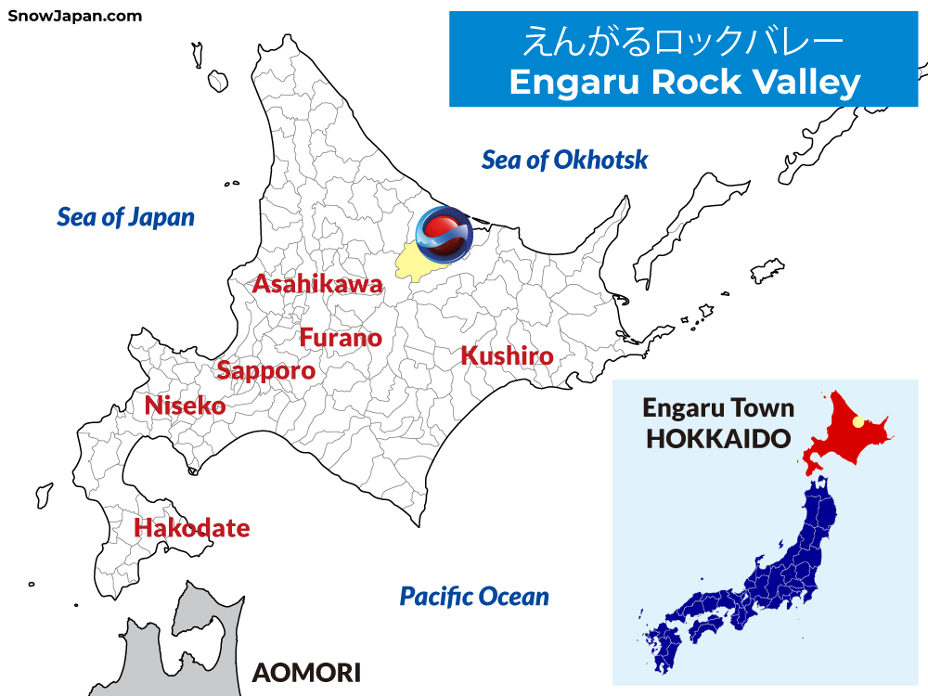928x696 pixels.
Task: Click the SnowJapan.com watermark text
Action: (75, 16)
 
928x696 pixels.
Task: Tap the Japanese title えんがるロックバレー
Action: (684, 41)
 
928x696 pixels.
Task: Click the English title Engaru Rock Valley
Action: (685, 83)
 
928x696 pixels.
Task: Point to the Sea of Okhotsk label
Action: (564, 160)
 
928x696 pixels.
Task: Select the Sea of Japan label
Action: (125, 217)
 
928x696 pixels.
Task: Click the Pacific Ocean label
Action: (474, 597)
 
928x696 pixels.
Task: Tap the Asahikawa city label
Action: (317, 284)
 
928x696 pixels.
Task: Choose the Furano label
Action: (341, 338)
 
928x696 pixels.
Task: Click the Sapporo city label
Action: (265, 370)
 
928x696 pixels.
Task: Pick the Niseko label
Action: (185, 406)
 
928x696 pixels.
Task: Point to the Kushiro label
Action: (507, 355)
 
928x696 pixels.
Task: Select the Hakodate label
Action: (192, 528)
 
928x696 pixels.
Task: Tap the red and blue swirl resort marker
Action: (444, 232)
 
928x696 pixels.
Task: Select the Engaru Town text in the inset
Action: (718, 408)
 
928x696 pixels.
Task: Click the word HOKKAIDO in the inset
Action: (717, 439)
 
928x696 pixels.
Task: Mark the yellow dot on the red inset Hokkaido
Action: (857, 421)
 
